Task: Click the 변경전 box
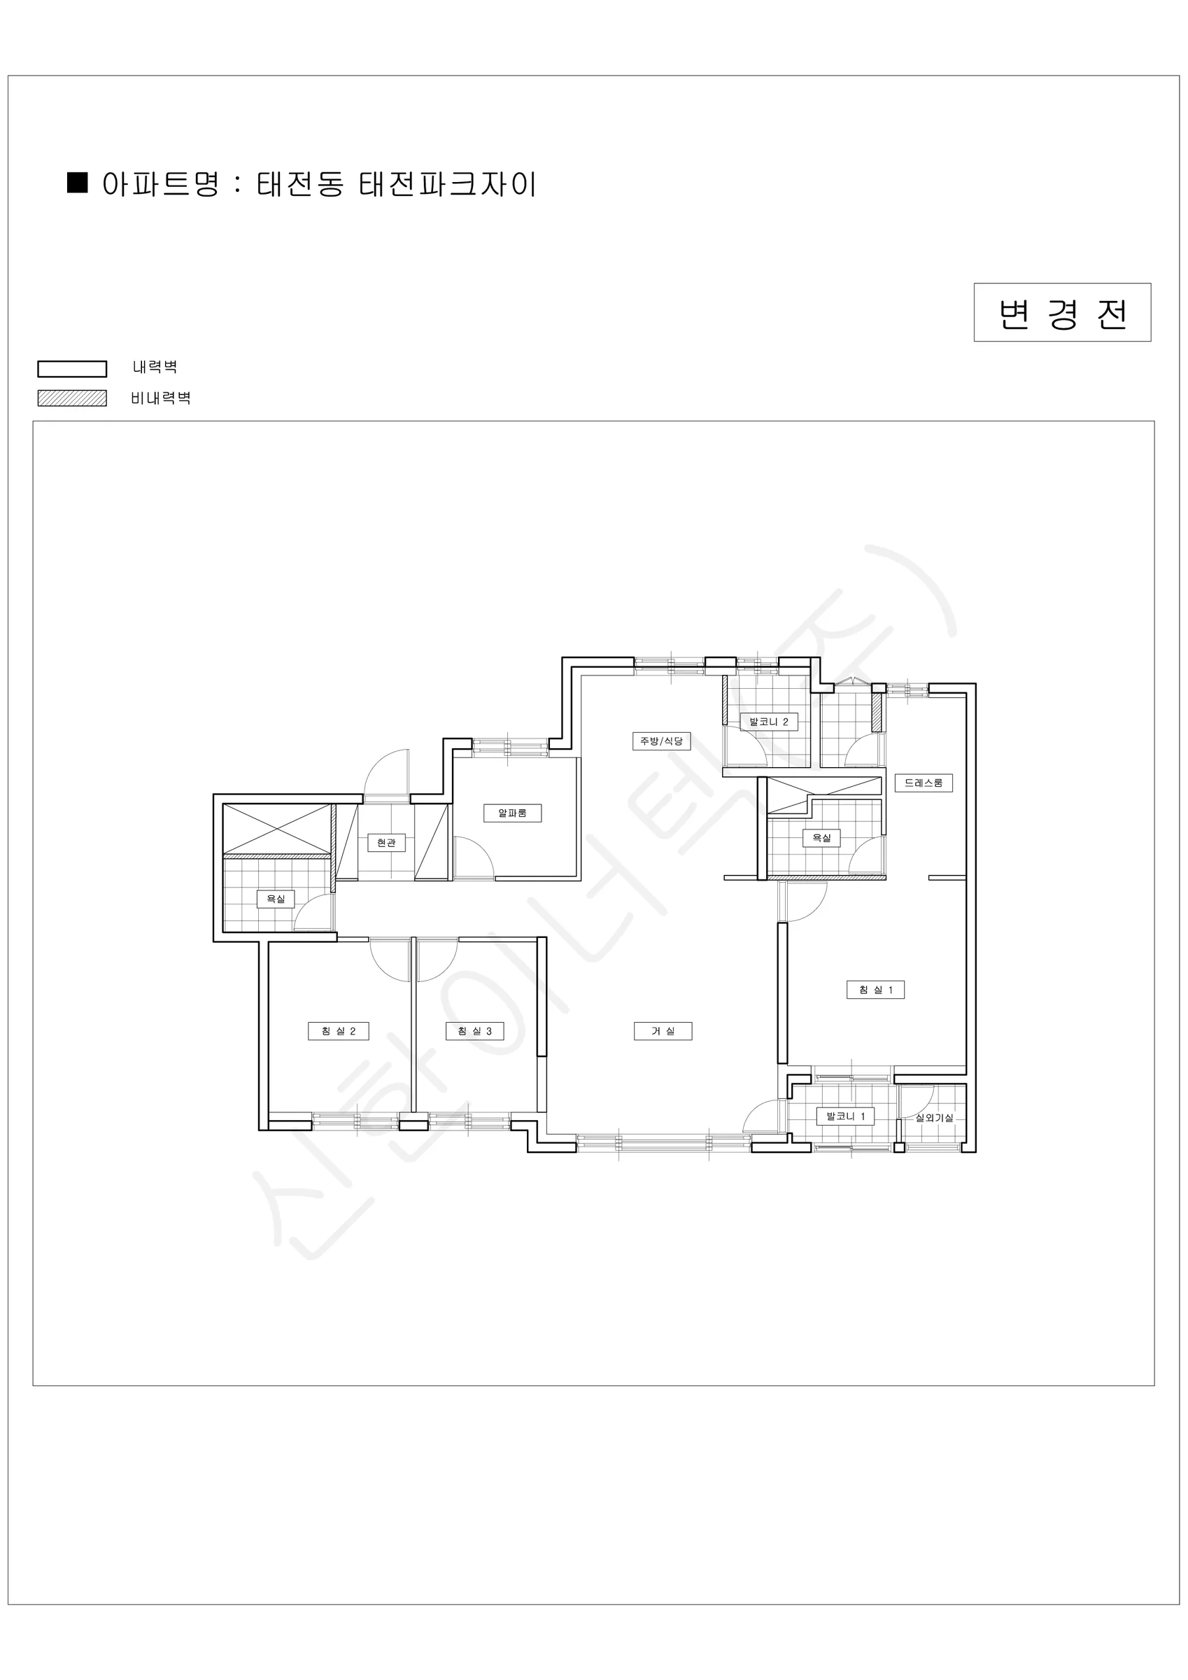point(1062,312)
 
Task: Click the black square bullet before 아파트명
point(78,182)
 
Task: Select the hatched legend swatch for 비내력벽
point(73,398)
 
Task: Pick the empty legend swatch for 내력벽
point(73,369)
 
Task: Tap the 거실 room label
point(663,1031)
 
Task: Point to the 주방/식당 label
point(661,741)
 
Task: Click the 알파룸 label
point(512,813)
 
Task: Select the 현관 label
point(386,843)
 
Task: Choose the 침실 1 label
point(876,990)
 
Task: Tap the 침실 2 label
point(339,1031)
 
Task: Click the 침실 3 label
point(475,1031)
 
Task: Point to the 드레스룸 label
point(924,783)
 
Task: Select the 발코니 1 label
point(846,1116)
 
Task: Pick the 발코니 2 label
point(769,722)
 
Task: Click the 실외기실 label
point(934,1118)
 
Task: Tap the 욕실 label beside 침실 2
point(276,899)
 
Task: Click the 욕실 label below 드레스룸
point(821,838)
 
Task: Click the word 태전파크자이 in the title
point(448,183)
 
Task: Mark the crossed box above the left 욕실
point(276,828)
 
